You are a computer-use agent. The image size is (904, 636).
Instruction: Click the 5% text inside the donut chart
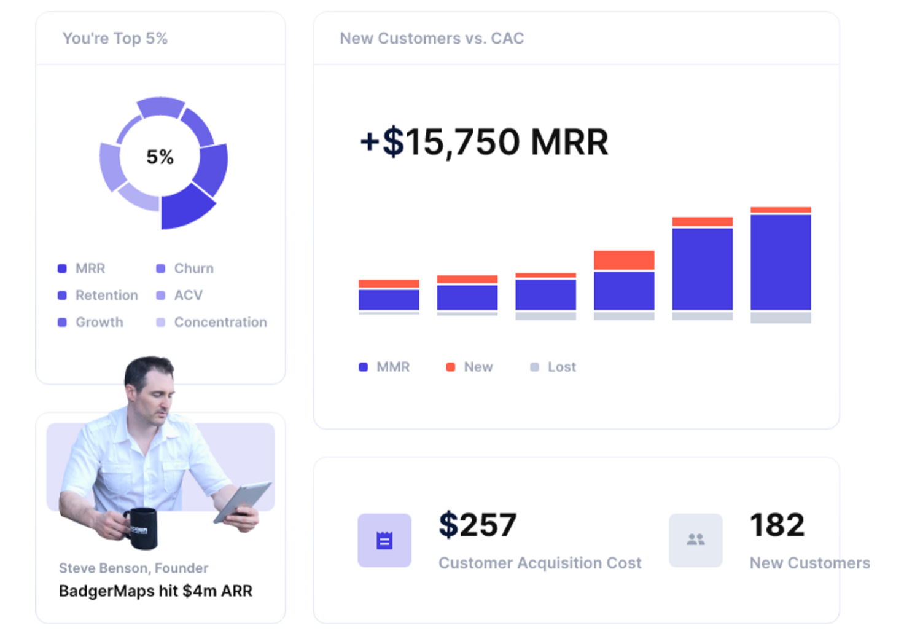(x=160, y=157)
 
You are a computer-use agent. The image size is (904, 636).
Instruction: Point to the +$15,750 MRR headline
(x=484, y=142)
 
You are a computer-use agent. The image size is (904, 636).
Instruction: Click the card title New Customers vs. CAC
(x=432, y=39)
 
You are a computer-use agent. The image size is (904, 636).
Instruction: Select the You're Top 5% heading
(x=115, y=39)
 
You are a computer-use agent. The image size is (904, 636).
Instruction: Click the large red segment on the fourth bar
(x=623, y=260)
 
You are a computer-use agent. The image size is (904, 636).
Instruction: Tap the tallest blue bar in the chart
(x=780, y=262)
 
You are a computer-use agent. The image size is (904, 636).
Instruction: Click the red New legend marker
(x=450, y=367)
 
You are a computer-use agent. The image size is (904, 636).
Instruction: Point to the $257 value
(x=477, y=525)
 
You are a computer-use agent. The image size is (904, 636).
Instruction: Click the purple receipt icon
(x=384, y=540)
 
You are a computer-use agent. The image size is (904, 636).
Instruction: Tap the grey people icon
(x=695, y=540)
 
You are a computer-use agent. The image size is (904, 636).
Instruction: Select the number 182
(x=777, y=525)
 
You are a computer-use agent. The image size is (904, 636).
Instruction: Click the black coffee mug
(x=143, y=527)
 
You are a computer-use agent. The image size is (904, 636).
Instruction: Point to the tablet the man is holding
(x=242, y=501)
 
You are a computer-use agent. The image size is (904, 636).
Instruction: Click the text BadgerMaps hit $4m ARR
(x=155, y=591)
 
